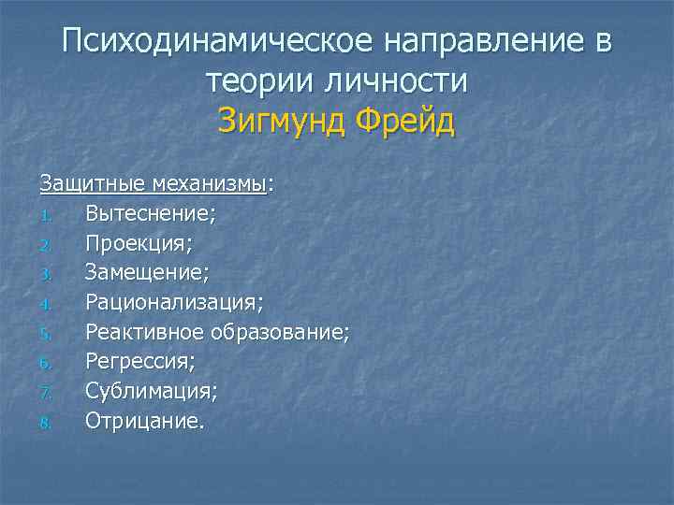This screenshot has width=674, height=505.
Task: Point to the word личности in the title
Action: point(398,81)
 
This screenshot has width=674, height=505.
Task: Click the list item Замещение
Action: point(146,272)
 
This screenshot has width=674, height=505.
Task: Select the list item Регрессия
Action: point(141,362)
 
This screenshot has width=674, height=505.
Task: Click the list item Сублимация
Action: point(151,391)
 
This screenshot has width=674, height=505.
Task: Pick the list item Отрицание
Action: point(143,421)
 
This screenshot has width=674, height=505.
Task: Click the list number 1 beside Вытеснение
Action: point(43,215)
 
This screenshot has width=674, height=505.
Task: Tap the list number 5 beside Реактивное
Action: point(43,334)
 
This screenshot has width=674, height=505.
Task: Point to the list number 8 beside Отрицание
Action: point(43,423)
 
